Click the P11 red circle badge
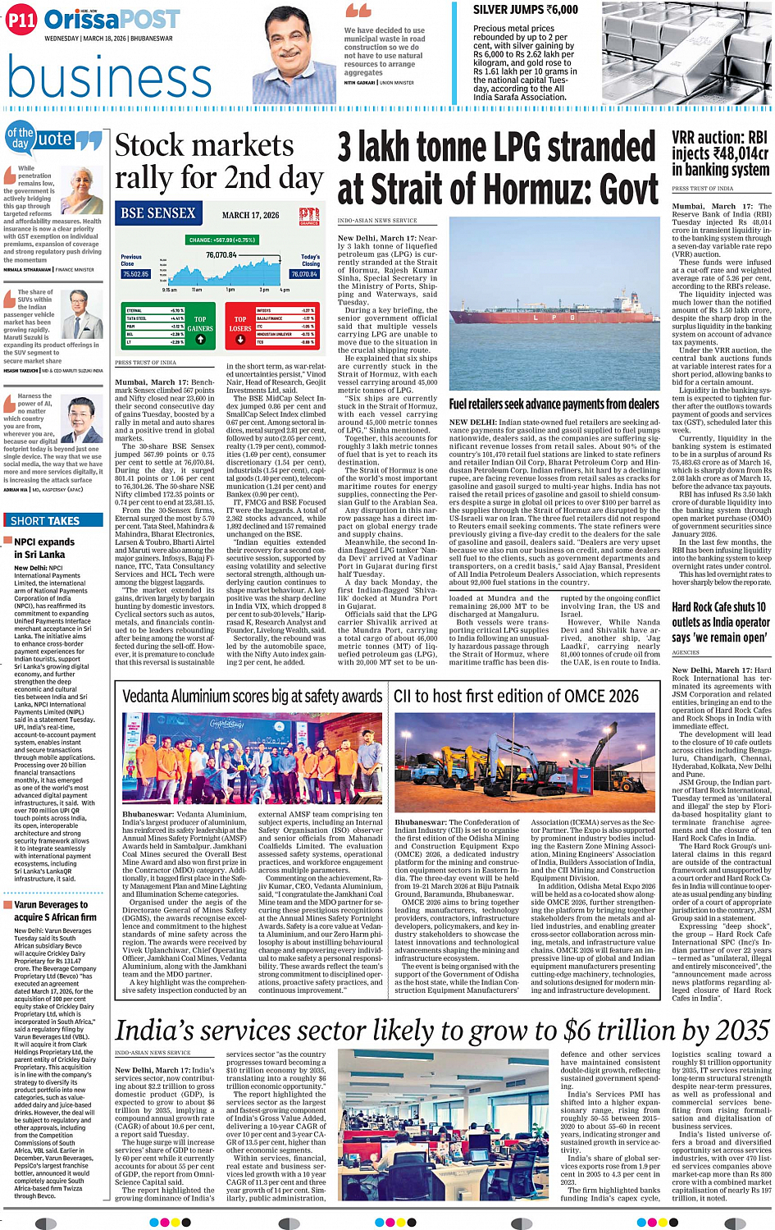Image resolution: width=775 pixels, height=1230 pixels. click(22, 21)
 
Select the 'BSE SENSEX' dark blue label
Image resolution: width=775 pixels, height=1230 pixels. click(158, 213)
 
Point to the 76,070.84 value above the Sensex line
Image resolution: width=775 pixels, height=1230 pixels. click(221, 255)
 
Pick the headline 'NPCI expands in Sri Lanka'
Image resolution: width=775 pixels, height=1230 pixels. click(44, 548)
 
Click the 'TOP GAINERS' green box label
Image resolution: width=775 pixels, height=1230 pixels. click(200, 323)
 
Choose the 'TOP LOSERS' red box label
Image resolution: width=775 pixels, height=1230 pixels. click(239, 323)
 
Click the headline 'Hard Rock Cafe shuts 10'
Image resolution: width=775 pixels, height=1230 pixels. click(718, 608)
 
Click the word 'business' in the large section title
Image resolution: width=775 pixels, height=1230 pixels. click(109, 80)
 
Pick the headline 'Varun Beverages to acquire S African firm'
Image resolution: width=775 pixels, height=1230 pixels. click(55, 911)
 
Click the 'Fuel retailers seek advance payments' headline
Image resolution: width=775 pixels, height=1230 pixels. click(554, 405)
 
